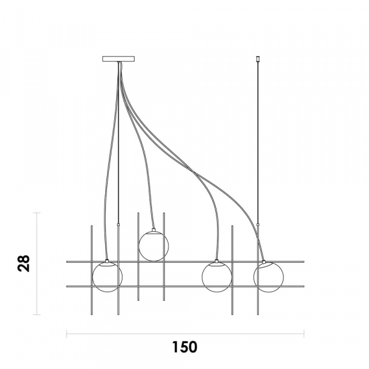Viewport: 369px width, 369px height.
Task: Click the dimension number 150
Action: point(184,347)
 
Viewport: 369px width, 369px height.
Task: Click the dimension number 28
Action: point(24,263)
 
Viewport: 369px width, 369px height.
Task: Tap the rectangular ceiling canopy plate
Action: point(118,58)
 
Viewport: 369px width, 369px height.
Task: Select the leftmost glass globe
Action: point(107,277)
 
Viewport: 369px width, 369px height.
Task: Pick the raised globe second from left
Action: point(154,246)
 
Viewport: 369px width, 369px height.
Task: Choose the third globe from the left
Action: point(217,277)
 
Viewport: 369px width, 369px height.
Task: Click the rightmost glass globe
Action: point(269,277)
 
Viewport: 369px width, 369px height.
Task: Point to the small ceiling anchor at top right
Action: point(258,58)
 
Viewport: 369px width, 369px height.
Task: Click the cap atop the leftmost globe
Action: point(107,261)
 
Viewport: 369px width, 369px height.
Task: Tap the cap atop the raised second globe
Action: point(154,230)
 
